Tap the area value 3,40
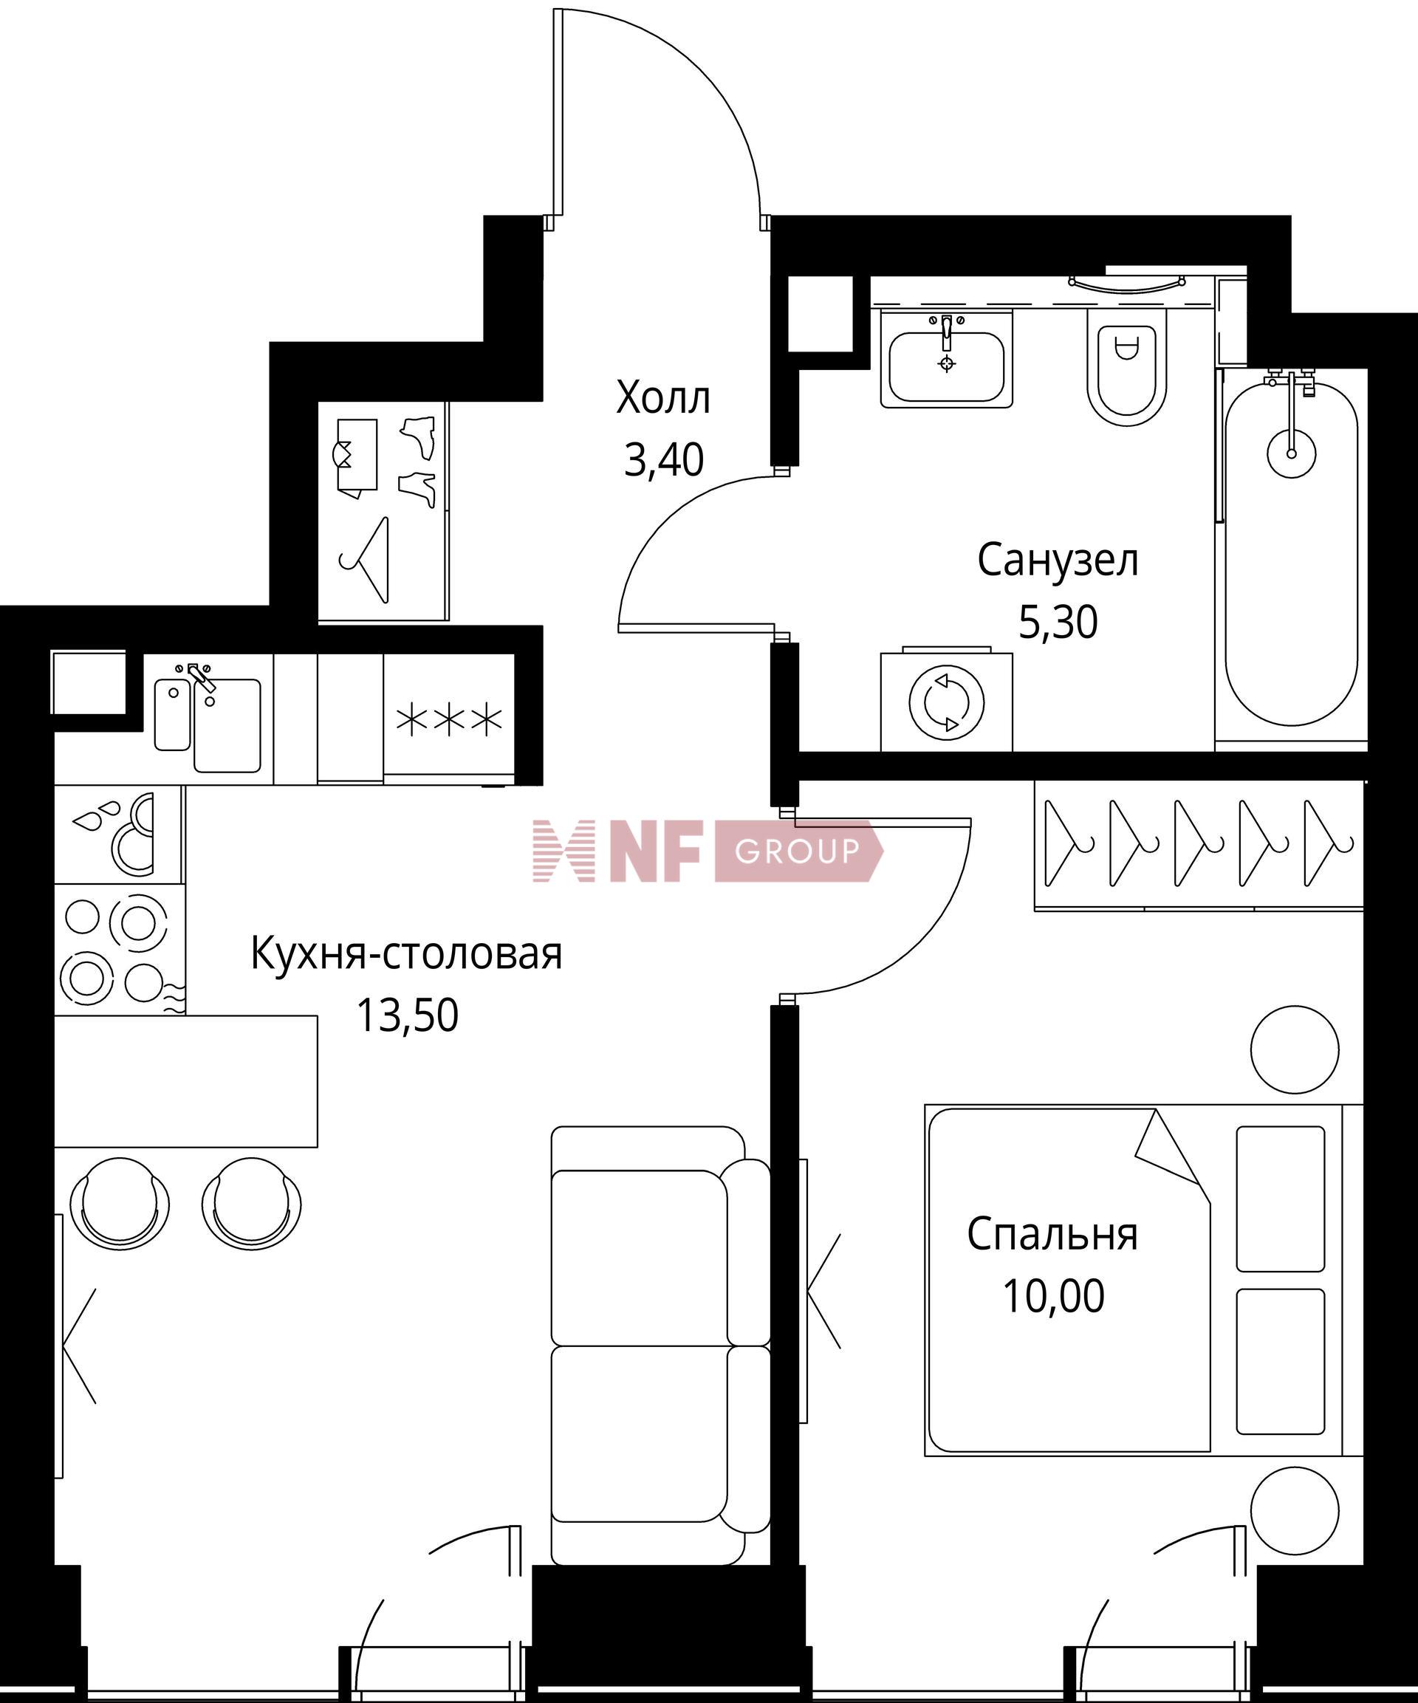[x=663, y=461]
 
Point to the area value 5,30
[x=1058, y=622]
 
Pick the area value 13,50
[x=407, y=1015]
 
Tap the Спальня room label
[x=1052, y=1234]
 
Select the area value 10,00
[x=1053, y=1296]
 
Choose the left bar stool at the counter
[x=121, y=1204]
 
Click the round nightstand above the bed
[x=1295, y=1049]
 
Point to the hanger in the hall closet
[x=365, y=560]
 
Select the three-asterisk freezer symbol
[x=448, y=719]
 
